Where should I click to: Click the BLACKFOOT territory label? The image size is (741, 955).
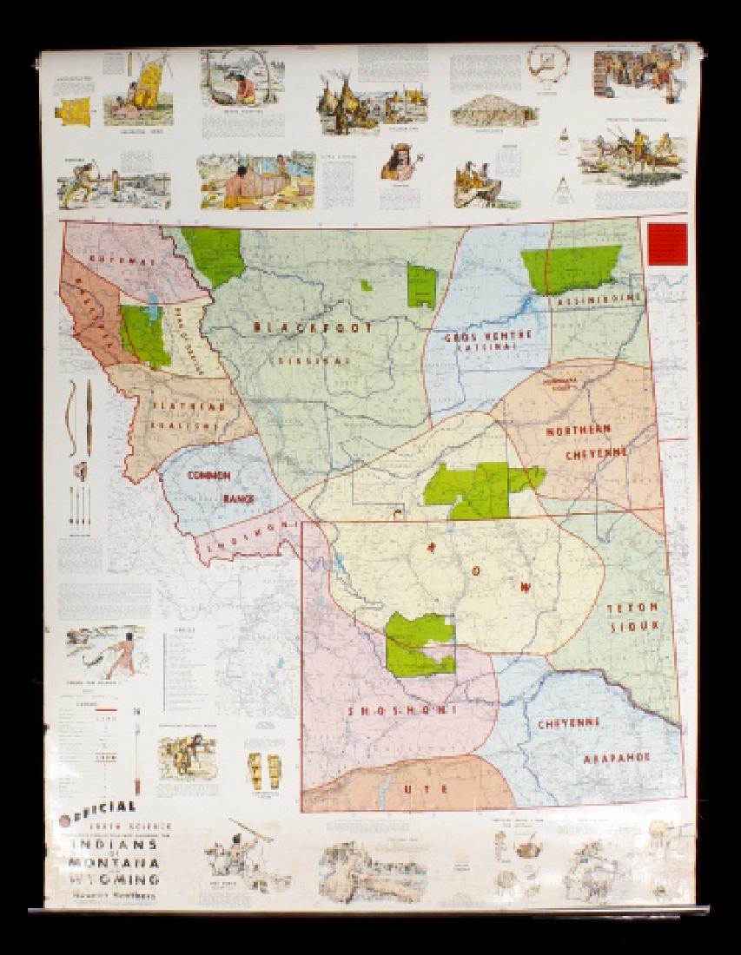point(314,328)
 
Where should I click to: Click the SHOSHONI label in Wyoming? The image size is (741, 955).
point(403,710)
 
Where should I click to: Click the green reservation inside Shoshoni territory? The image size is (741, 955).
point(420,643)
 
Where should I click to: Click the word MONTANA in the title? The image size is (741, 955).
point(116,862)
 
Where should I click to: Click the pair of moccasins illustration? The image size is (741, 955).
point(263,767)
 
